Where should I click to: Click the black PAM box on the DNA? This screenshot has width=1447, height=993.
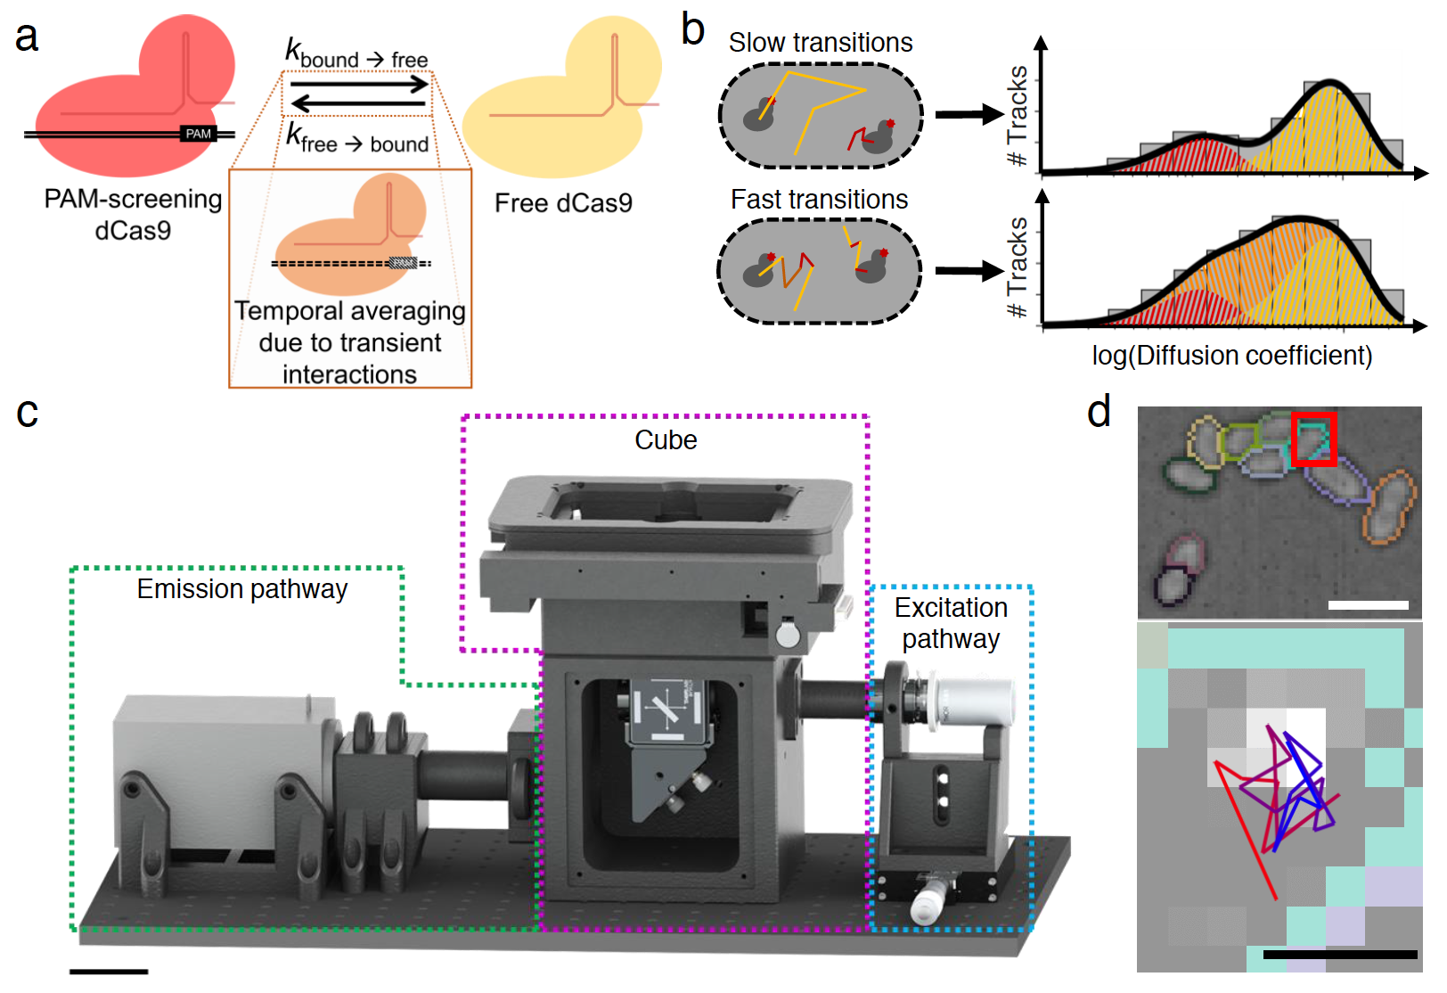point(198,134)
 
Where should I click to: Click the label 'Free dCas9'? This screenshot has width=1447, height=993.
point(563,203)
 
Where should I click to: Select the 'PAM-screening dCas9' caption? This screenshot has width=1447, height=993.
point(133,215)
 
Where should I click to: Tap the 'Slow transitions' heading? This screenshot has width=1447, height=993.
point(820,43)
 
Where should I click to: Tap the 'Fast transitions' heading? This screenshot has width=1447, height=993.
point(819,200)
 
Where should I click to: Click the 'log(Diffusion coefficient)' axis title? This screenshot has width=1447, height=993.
point(1231,356)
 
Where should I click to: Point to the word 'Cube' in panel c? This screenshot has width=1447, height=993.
point(666,440)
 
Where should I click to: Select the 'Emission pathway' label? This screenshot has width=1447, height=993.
point(241,589)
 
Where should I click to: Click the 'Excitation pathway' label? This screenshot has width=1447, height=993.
point(951,623)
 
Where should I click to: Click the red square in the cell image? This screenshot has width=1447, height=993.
point(1314,439)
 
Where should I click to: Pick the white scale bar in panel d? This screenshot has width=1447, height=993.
point(1368,605)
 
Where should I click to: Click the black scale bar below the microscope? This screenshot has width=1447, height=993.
point(109,971)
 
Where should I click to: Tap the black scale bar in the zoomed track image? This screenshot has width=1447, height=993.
point(1339,954)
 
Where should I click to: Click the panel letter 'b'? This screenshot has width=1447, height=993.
point(692,30)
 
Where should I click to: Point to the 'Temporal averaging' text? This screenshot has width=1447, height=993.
point(349,311)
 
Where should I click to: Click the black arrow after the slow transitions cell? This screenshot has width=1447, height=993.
point(969,114)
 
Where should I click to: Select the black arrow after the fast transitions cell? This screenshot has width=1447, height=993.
point(969,271)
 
